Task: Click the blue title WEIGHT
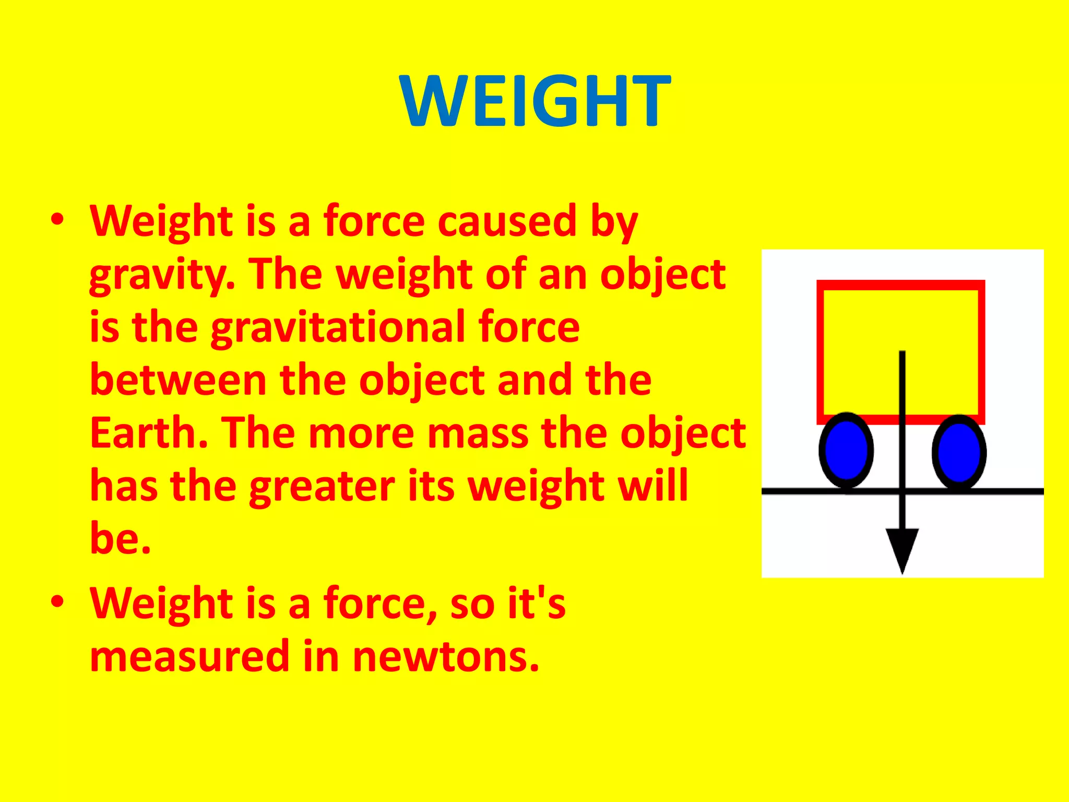coord(534,100)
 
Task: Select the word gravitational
coord(338,327)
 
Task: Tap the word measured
coord(189,656)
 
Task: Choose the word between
coord(178,380)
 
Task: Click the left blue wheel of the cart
coord(846,450)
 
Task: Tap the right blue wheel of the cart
coord(959,451)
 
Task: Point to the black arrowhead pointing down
coord(902,548)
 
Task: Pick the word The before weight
coord(285,275)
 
